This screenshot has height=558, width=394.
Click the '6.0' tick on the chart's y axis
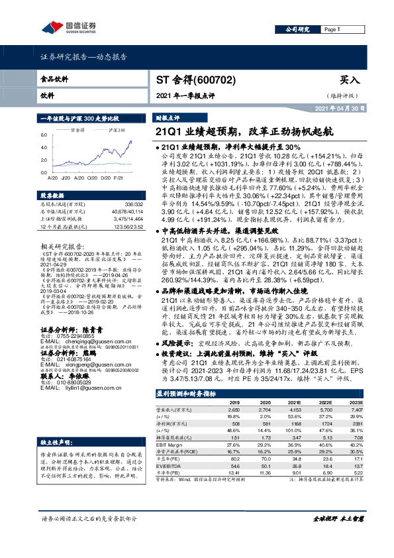44,135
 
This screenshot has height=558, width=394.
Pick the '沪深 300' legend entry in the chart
117,131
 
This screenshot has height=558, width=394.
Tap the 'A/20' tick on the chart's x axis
52,178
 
